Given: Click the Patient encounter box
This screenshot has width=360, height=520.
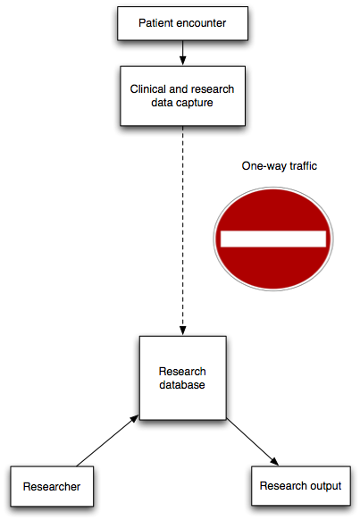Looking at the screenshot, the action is pos(182,23).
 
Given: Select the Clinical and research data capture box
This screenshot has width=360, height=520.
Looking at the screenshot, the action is pos(182,96).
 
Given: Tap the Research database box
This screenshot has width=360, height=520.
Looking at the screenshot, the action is pos(182,378).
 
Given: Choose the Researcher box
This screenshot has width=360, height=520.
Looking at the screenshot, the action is pos(52,486).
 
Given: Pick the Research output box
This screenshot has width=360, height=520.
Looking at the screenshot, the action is pos(301,486).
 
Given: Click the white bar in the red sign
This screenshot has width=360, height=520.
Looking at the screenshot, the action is pos(273,239).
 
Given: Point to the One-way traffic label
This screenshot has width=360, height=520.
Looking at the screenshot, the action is pos(279,166).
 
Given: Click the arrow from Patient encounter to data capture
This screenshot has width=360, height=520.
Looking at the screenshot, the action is pos(182,53).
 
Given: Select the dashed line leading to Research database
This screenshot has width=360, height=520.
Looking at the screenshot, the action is pos(182,231).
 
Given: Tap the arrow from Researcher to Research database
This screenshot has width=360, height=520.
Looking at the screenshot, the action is pos(107,440).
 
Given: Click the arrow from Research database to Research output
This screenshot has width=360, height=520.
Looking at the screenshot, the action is pos(253,442).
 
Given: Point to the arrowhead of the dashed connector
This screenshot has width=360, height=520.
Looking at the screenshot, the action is pos(182,331).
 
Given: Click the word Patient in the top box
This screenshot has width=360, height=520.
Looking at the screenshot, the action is pos(155,23).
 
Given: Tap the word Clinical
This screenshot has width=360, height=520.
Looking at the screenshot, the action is pos(148,89).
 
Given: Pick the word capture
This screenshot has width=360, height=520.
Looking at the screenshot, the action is pos(196,103).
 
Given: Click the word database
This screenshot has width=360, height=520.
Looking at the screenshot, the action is pos(182,385).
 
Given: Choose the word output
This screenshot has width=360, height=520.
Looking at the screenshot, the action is pos(324,486).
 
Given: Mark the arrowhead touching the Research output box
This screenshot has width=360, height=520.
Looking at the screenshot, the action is pos(274,461).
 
